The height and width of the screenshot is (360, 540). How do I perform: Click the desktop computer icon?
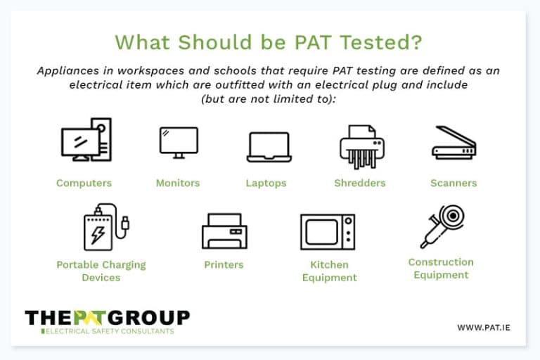(85, 140)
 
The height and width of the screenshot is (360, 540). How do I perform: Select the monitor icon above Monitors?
(178, 142)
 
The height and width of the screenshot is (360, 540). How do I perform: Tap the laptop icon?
(269, 147)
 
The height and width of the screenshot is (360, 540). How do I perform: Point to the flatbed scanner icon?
(454, 143)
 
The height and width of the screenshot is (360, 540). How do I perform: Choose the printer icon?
(224, 231)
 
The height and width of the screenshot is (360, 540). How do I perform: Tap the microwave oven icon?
(327, 232)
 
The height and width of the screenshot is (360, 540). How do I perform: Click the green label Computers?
(84, 183)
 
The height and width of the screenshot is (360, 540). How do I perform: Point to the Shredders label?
(360, 183)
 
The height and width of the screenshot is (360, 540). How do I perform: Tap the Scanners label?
(454, 183)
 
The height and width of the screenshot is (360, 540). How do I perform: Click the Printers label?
(224, 265)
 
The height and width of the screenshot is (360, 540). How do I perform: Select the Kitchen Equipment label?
(329, 271)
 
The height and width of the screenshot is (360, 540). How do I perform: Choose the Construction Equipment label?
(441, 269)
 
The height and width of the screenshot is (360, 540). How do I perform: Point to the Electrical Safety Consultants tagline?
(110, 331)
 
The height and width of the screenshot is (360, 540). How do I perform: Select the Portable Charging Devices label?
(101, 271)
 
